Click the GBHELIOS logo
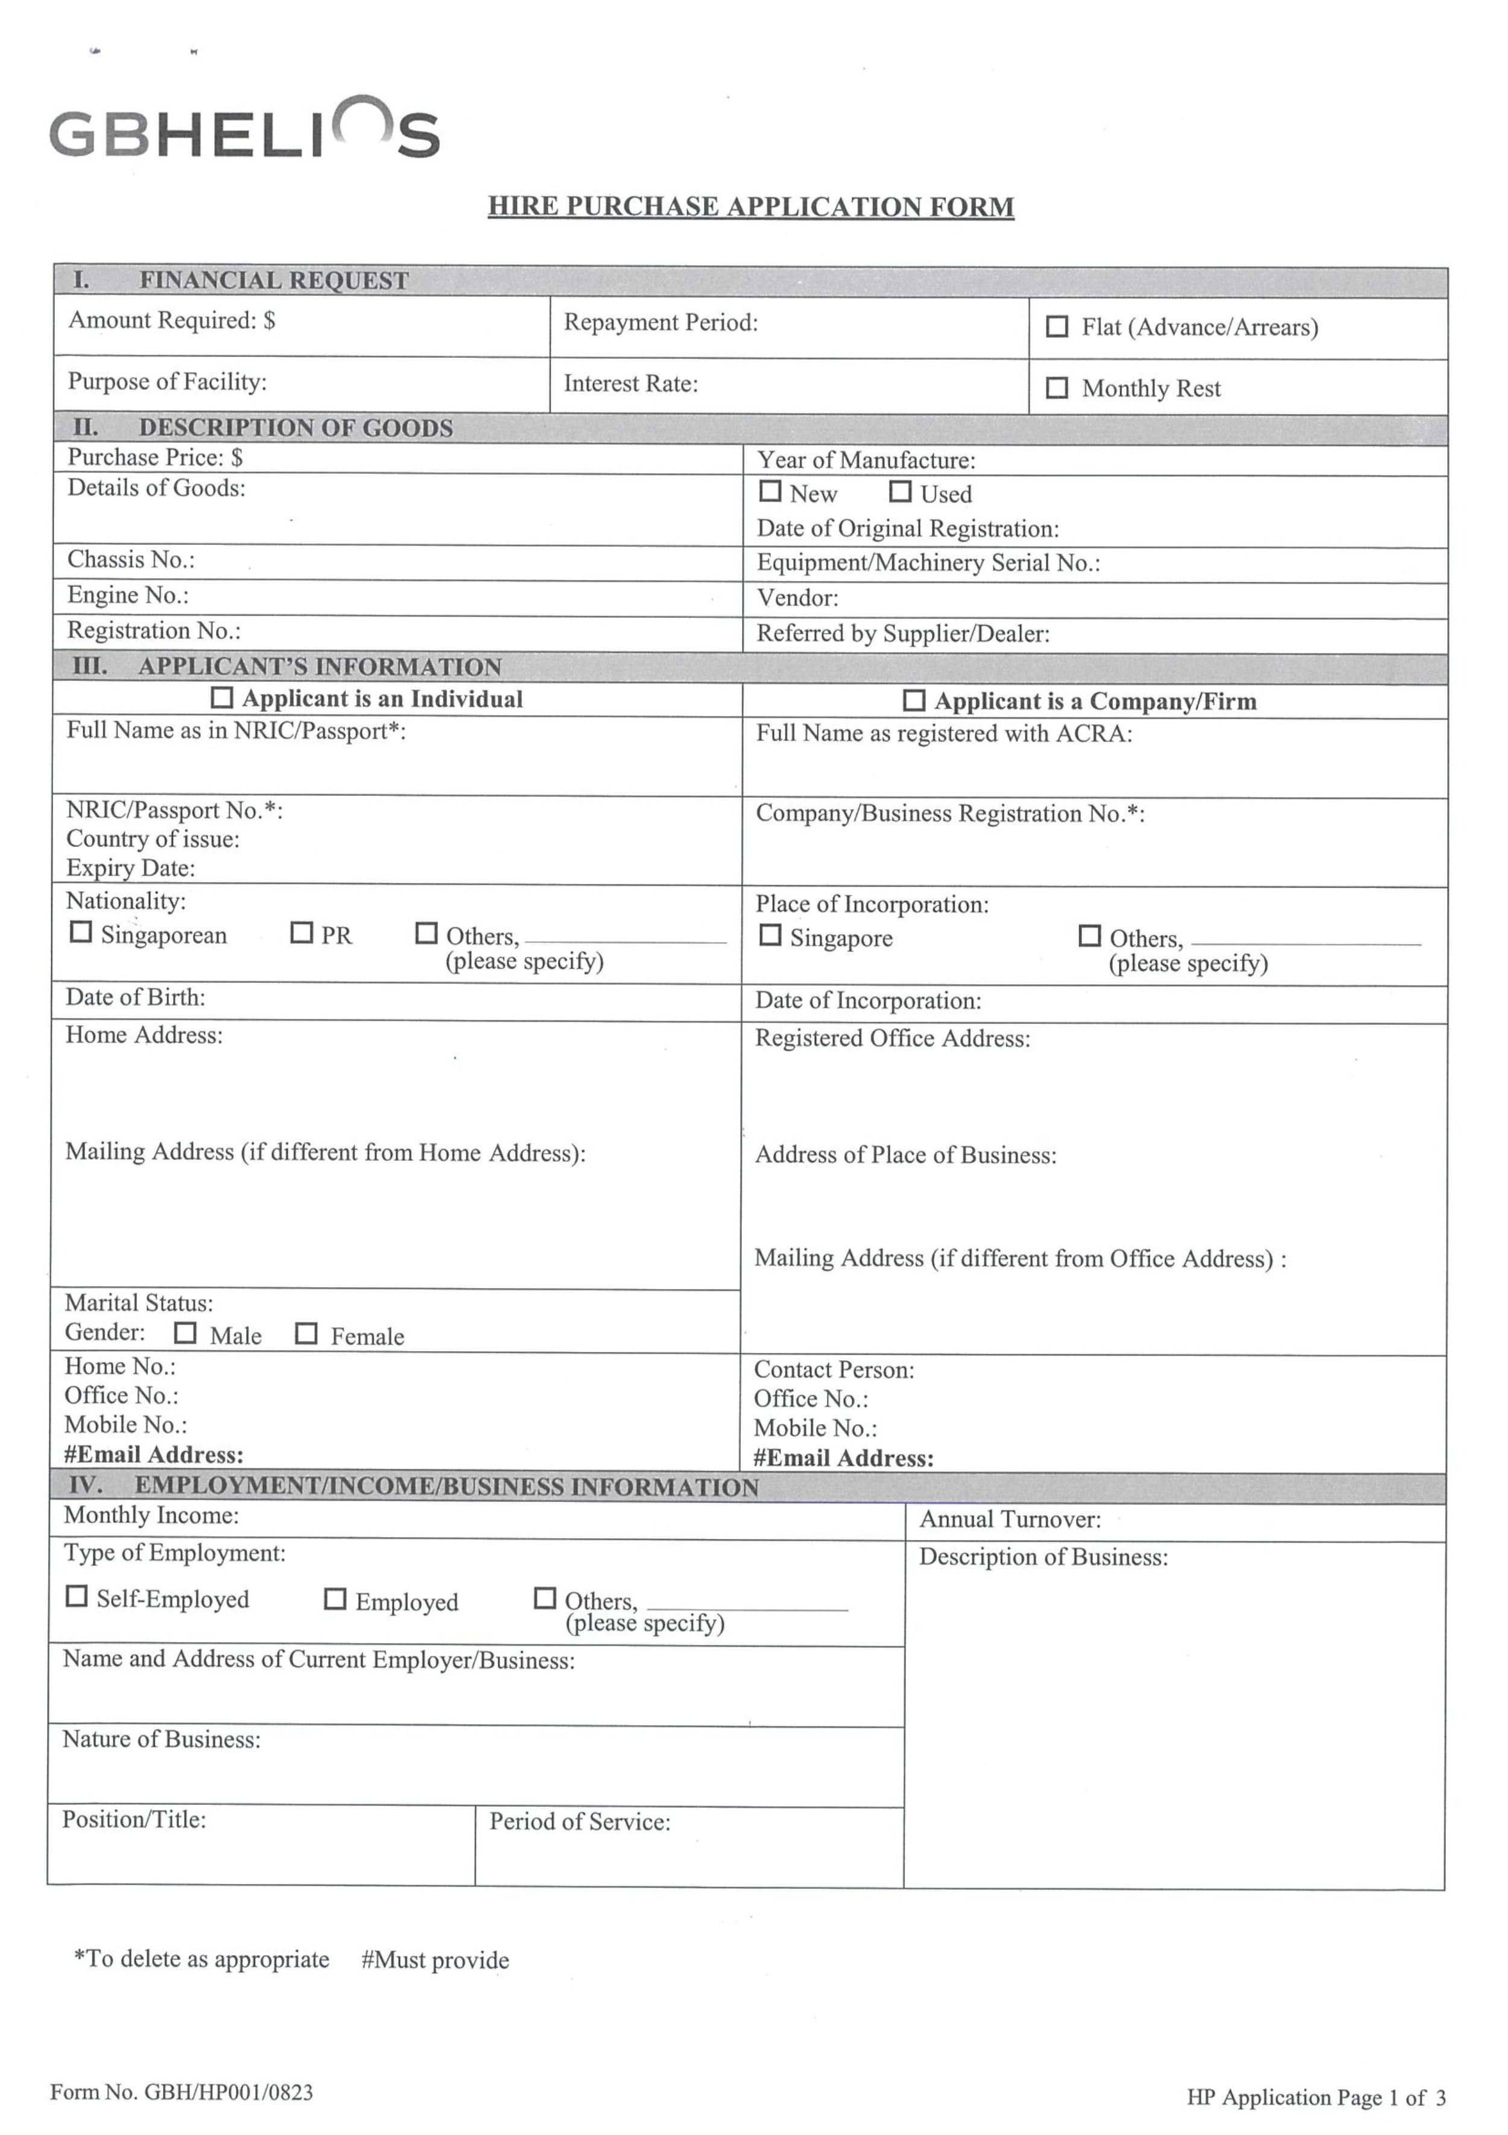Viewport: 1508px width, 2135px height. pyautogui.click(x=244, y=130)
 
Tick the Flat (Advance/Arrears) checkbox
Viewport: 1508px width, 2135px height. pyautogui.click(x=1056, y=326)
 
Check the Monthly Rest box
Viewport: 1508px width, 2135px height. pyautogui.click(x=1056, y=388)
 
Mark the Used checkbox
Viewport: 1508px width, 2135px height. pyautogui.click(x=900, y=491)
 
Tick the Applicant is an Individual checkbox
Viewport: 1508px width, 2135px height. pyautogui.click(x=222, y=698)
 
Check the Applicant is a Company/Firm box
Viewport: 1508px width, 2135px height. pyautogui.click(x=914, y=700)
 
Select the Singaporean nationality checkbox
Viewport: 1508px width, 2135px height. pyautogui.click(x=81, y=932)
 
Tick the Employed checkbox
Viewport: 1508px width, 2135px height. pyautogui.click(x=335, y=1599)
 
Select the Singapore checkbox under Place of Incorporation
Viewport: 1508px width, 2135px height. pyautogui.click(x=770, y=935)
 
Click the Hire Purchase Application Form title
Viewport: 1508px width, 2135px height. pyautogui.click(x=750, y=206)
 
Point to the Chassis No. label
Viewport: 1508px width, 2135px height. pyautogui.click(x=130, y=560)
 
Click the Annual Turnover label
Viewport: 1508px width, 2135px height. pyautogui.click(x=1010, y=1519)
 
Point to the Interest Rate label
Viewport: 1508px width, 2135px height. pyautogui.click(x=630, y=384)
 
